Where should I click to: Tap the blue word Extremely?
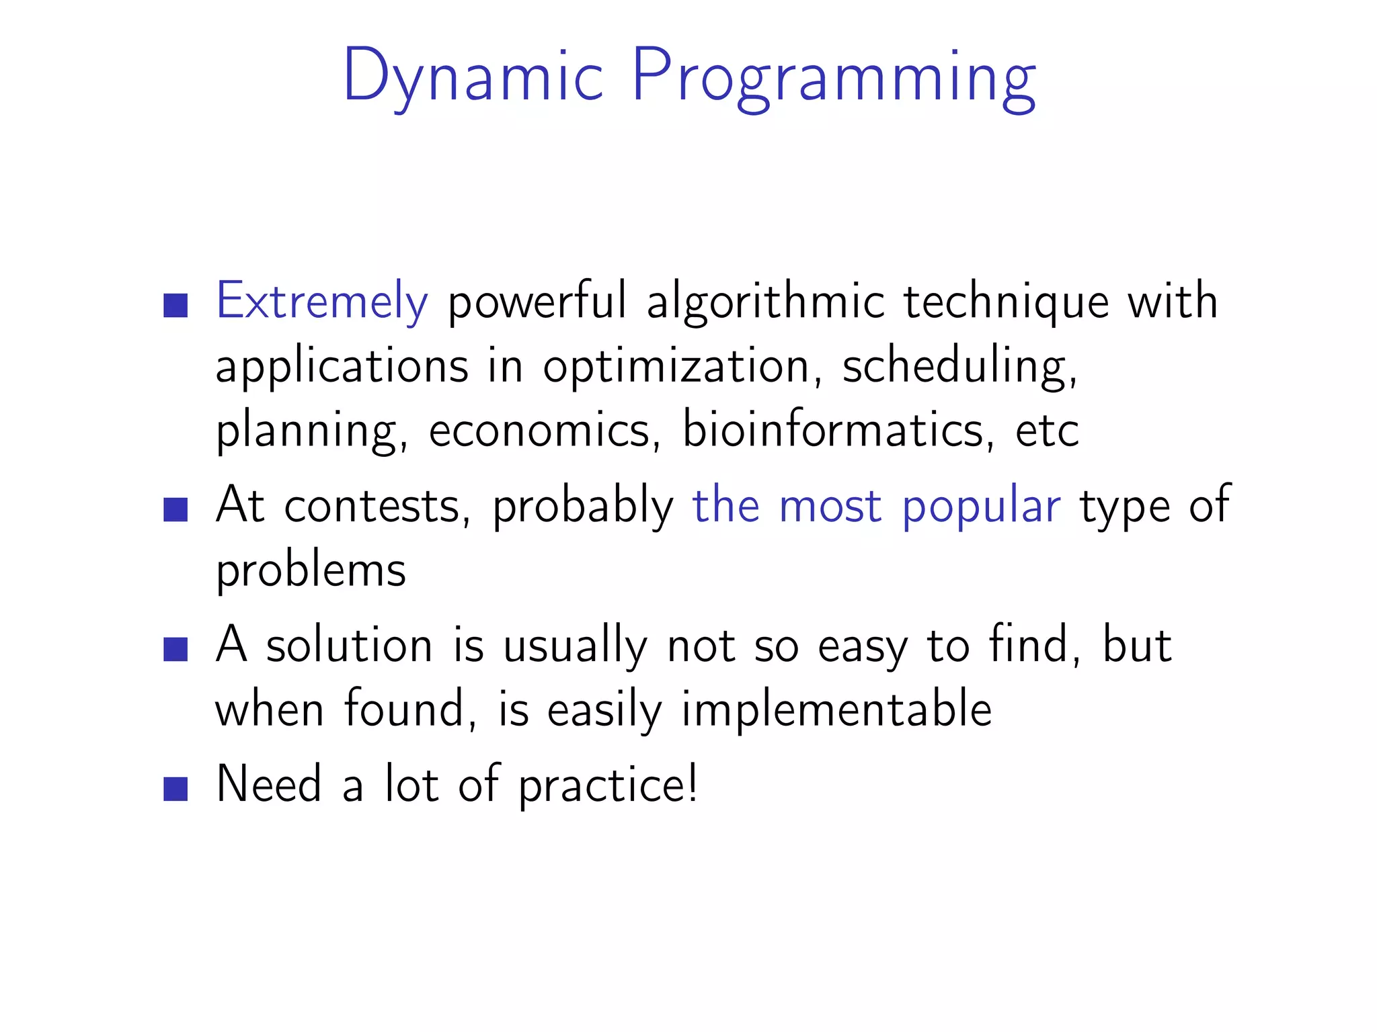click(x=321, y=301)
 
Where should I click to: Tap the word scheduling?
click(x=959, y=367)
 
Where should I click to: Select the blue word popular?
click(x=981, y=507)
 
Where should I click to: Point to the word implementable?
click(x=836, y=709)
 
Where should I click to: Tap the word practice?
click(x=608, y=785)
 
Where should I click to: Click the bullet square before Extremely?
click(x=175, y=305)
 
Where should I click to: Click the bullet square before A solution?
click(x=175, y=649)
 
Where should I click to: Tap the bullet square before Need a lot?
click(x=175, y=789)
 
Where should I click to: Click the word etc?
click(x=1046, y=430)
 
